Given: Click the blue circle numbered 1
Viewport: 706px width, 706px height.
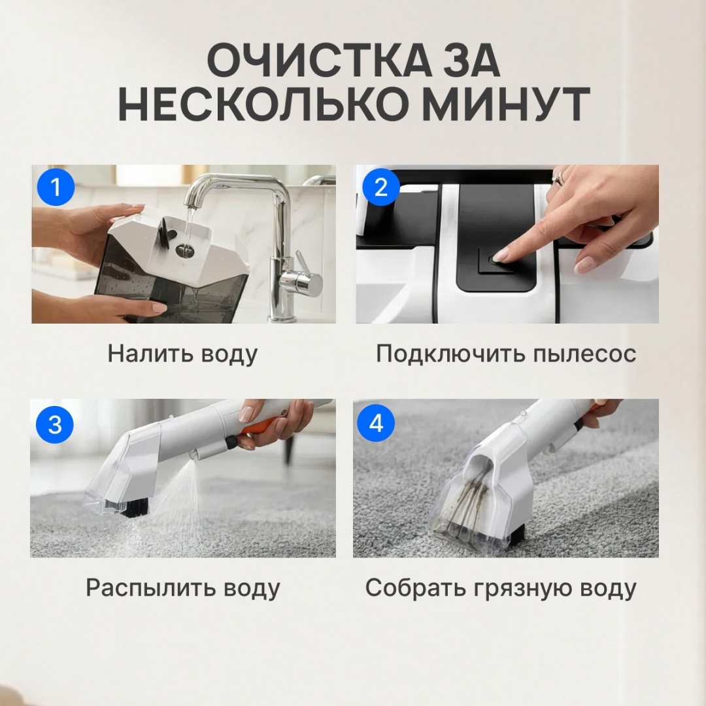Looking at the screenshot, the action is (56, 187).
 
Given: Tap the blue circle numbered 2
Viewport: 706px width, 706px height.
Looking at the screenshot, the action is (381, 187).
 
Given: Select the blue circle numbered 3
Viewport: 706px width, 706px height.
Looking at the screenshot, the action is (55, 425).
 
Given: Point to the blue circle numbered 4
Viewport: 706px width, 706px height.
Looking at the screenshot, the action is (376, 424).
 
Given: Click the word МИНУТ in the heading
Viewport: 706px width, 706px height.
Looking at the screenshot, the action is (507, 105).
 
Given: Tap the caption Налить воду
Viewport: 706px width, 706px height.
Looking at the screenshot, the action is (182, 354).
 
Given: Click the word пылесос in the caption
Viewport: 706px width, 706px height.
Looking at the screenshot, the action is (584, 354).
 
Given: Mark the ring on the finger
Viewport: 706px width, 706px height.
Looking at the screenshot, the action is (558, 178).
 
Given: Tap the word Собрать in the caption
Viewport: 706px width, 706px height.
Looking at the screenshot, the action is (416, 588).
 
